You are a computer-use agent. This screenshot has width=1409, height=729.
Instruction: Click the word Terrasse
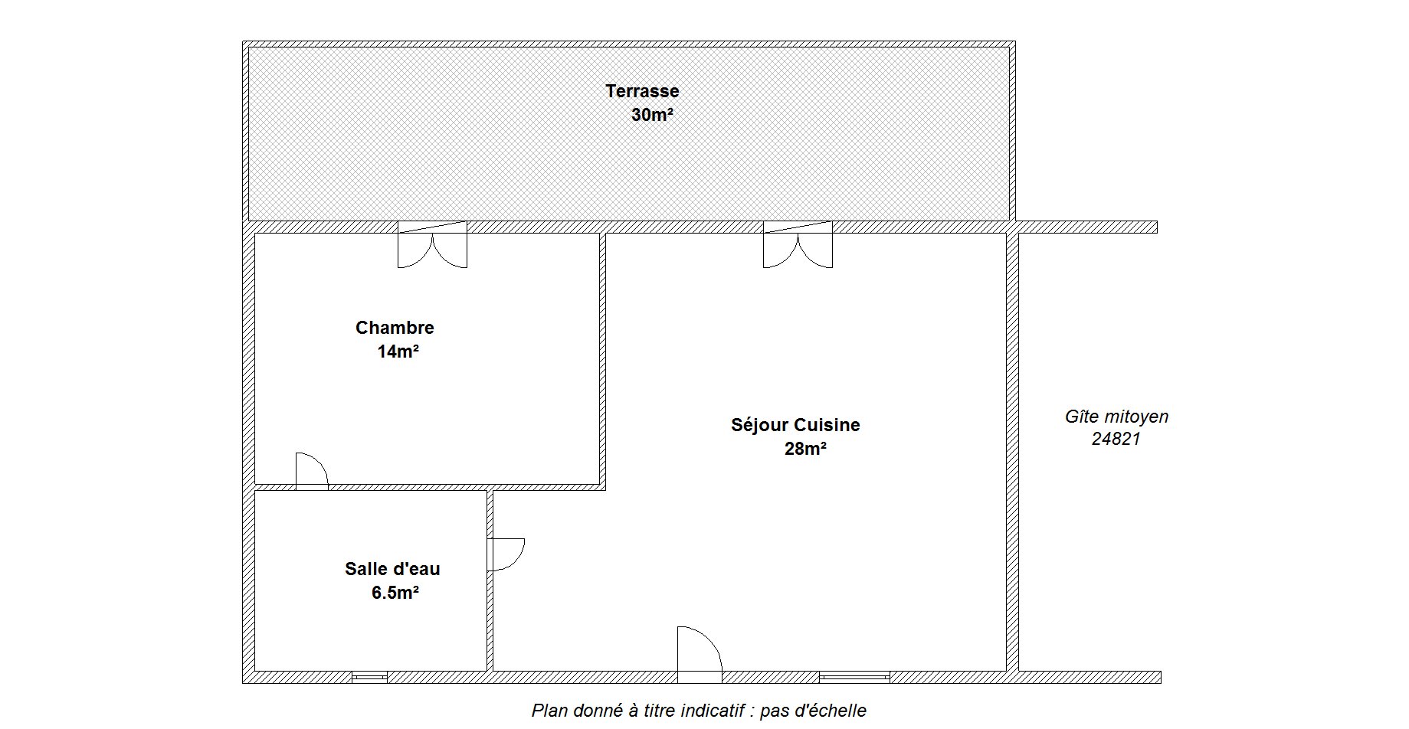[x=642, y=91]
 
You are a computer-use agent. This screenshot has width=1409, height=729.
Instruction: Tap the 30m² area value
[x=652, y=115]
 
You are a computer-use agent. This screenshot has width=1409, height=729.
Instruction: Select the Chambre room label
[x=395, y=328]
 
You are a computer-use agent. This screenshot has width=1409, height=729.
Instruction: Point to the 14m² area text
[x=398, y=351]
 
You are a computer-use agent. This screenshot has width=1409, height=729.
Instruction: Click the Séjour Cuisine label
[x=795, y=425]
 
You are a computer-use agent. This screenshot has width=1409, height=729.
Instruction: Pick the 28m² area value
[x=805, y=449]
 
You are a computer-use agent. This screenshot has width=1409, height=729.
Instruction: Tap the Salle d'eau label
[x=392, y=569]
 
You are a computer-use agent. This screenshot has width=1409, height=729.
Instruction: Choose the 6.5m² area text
[x=395, y=593]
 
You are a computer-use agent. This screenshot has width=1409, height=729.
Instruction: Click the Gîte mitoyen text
[x=1116, y=417]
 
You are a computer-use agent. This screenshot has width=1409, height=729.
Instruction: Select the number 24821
[x=1116, y=440]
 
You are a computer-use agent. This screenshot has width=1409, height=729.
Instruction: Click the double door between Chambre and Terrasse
[x=432, y=244]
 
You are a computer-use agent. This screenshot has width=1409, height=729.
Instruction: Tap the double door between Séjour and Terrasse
[x=798, y=244]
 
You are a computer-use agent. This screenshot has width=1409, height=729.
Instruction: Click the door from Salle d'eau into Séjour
[x=506, y=554]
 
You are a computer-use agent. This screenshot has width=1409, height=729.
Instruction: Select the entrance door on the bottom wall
[x=700, y=655]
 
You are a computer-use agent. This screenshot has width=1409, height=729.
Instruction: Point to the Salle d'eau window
[x=369, y=677]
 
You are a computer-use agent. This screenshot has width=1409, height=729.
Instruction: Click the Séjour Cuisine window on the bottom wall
[x=854, y=677]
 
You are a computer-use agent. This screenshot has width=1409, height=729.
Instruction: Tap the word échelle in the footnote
[x=829, y=711]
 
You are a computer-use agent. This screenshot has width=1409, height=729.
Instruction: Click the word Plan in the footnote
[x=549, y=711]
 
